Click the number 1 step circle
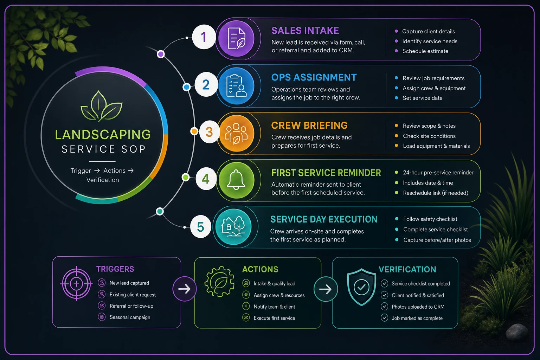(x=204, y=37)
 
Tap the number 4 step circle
(x=206, y=179)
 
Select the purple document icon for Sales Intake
(x=237, y=39)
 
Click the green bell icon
(x=237, y=180)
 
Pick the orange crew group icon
(x=237, y=133)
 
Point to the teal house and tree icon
(x=233, y=227)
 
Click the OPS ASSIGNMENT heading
(x=314, y=77)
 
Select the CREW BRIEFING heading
(x=309, y=126)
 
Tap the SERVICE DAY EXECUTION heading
(x=324, y=219)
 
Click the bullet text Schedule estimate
(x=425, y=51)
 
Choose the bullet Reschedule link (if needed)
(x=436, y=193)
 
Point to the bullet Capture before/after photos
(x=437, y=240)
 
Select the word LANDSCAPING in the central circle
(x=103, y=135)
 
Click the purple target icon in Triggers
(x=76, y=284)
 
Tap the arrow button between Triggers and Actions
(x=185, y=289)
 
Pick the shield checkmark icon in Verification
(x=361, y=287)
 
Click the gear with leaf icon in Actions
(x=219, y=281)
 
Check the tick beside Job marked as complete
(x=384, y=318)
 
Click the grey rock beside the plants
(x=517, y=332)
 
